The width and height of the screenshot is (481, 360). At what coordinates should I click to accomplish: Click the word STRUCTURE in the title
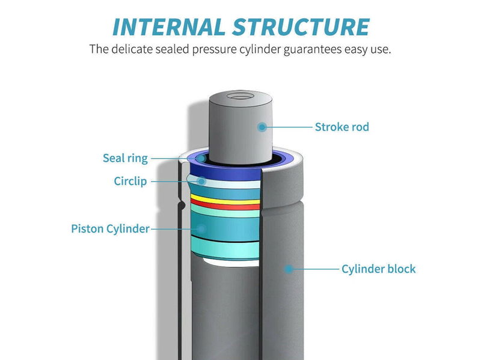pyautogui.click(x=299, y=26)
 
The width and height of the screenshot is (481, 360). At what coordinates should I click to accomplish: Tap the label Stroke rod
pyautogui.click(x=342, y=127)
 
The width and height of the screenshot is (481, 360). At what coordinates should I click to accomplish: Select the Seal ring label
pyautogui.click(x=125, y=159)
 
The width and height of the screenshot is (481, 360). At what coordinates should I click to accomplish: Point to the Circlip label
pyautogui.click(x=130, y=181)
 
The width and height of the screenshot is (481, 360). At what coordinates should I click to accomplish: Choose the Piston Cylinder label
pyautogui.click(x=110, y=228)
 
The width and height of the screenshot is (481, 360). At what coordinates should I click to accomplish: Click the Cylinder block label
pyautogui.click(x=378, y=269)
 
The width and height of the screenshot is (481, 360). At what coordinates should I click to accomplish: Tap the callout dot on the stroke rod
pyautogui.click(x=262, y=127)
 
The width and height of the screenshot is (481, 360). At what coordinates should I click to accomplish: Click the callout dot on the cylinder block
pyautogui.click(x=289, y=269)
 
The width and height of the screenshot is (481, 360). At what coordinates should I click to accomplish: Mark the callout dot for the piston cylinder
pyautogui.click(x=202, y=228)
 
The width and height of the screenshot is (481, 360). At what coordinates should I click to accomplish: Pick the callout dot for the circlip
pyautogui.click(x=202, y=181)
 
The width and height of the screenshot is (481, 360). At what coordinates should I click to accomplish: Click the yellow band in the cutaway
pyautogui.click(x=225, y=200)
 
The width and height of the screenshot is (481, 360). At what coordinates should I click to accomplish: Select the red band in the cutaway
pyautogui.click(x=225, y=206)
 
